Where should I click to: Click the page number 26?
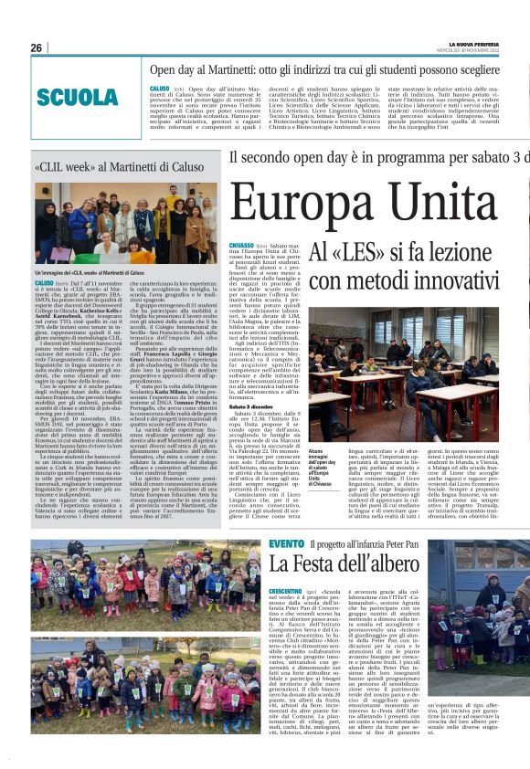click(37, 47)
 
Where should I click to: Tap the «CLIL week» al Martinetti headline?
click(119, 168)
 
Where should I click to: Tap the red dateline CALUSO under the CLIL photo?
click(45, 285)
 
